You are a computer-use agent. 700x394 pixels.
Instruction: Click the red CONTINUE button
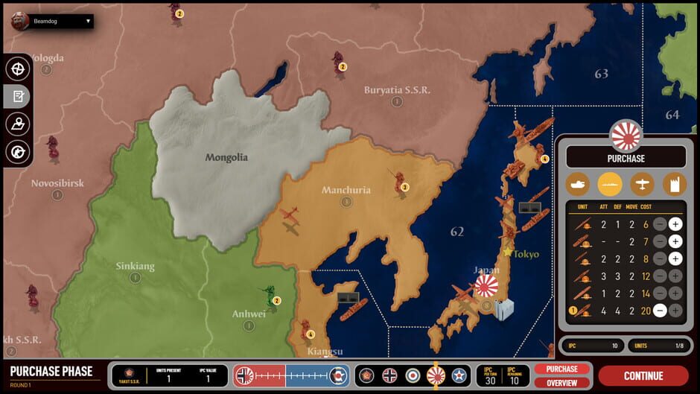click(x=643, y=375)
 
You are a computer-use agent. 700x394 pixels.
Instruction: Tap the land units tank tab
click(x=578, y=184)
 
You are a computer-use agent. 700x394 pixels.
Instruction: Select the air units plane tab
click(x=641, y=184)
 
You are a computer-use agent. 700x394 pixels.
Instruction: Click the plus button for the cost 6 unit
click(x=675, y=224)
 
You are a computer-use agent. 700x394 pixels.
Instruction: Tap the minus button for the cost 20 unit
click(x=660, y=311)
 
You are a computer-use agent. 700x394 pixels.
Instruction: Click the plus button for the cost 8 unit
click(x=675, y=259)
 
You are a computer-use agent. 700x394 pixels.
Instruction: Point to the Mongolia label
click(x=226, y=157)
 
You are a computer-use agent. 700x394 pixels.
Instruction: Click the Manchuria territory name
click(x=346, y=190)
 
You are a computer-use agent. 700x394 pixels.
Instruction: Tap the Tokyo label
click(x=526, y=254)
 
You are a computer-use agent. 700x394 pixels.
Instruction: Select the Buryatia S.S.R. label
click(x=397, y=90)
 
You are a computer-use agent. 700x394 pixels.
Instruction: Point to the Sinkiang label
click(x=135, y=266)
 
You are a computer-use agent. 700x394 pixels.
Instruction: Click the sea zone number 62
click(x=457, y=232)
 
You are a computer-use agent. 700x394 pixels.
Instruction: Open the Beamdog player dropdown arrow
click(x=88, y=21)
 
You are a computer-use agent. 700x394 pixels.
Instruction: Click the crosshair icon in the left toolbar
click(x=17, y=68)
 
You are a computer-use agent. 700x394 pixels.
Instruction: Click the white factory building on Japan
click(x=504, y=308)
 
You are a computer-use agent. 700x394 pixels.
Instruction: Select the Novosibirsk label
click(x=57, y=182)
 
